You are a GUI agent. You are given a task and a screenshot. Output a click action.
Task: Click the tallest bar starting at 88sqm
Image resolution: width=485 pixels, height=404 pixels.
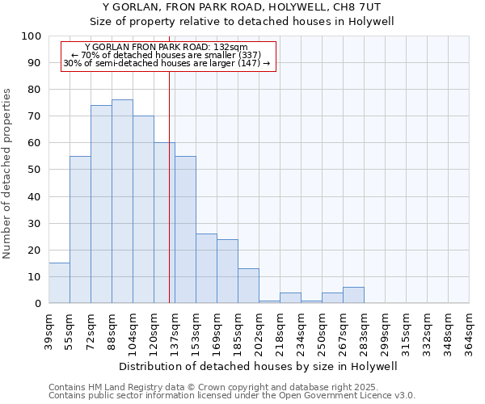pyautogui.click(x=122, y=201)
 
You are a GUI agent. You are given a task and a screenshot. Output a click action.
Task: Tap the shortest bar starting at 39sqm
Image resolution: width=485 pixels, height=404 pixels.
pyautogui.click(x=59, y=283)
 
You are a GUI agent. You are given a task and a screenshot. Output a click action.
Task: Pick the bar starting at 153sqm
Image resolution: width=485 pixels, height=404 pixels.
pyautogui.click(x=206, y=268)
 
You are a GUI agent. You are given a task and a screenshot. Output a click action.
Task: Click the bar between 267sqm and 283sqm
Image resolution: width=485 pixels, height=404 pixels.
pyautogui.click(x=353, y=295)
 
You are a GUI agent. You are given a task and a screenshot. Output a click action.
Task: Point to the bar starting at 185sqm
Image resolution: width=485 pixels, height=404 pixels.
pyautogui.click(x=248, y=286)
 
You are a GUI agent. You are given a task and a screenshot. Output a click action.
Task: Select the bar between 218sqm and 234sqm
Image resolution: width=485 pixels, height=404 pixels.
pyautogui.click(x=290, y=298)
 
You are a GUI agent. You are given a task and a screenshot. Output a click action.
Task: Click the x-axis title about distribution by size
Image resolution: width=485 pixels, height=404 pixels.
pyautogui.click(x=258, y=367)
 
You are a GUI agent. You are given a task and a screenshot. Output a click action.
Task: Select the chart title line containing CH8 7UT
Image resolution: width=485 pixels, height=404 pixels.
pyautogui.click(x=242, y=7)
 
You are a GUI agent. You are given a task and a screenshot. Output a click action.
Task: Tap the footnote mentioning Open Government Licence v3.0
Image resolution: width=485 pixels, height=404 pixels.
pyautogui.click(x=232, y=396)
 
